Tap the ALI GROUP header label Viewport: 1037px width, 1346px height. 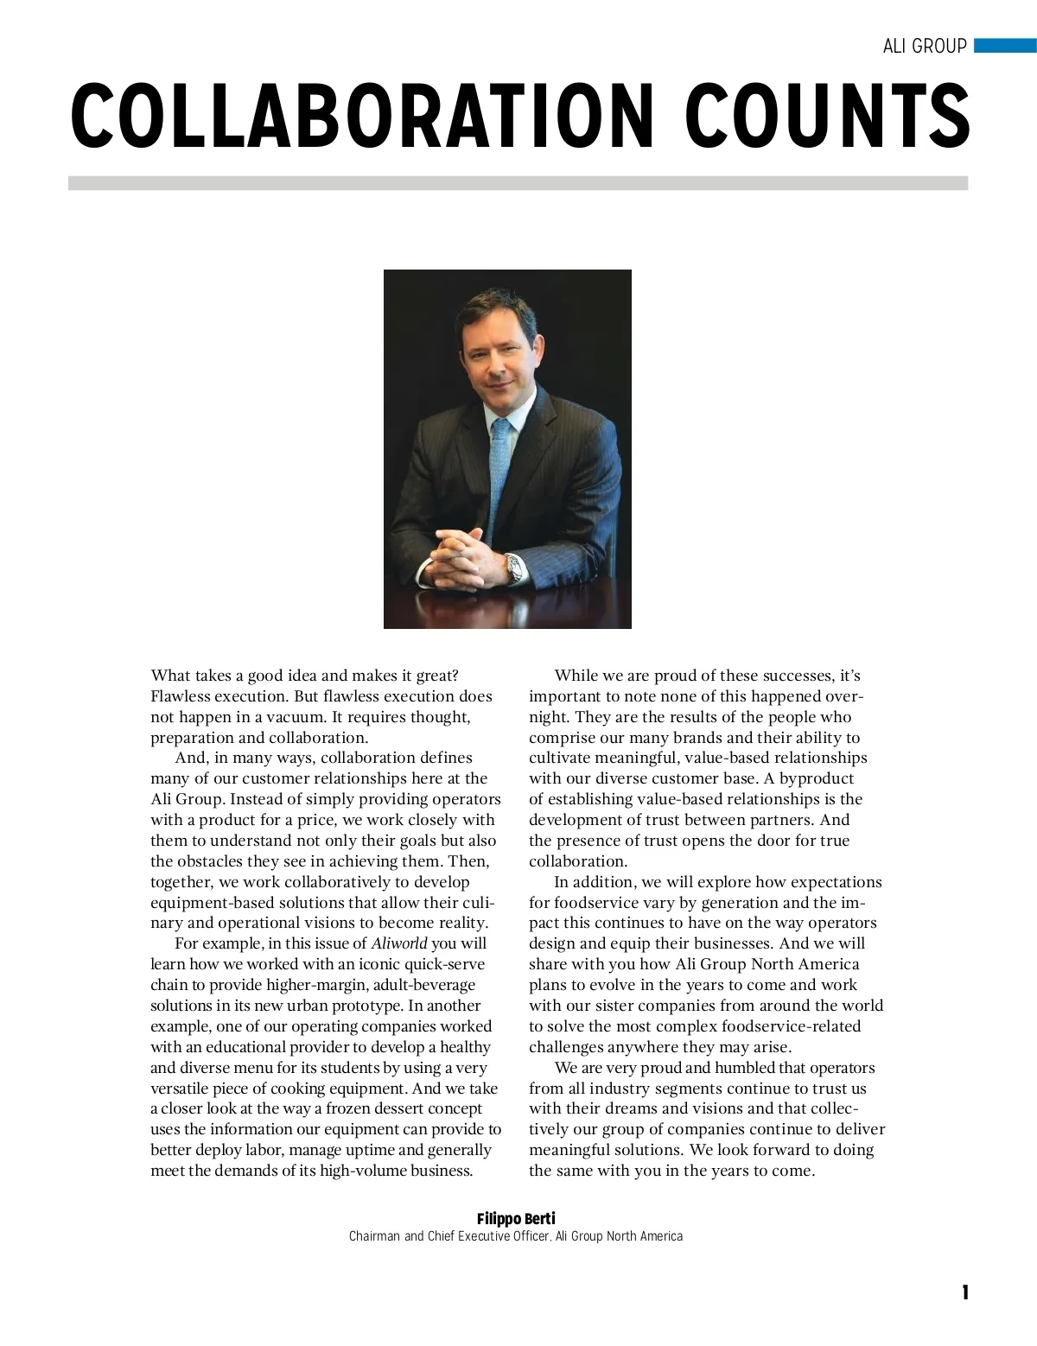(x=924, y=47)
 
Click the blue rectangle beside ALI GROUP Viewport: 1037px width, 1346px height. (x=1004, y=46)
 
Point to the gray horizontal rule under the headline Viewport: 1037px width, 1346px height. (x=518, y=183)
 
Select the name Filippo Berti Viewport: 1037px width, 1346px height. (x=516, y=1219)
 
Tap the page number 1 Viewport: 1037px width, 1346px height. (x=965, y=1292)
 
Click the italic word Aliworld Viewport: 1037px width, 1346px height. (x=399, y=943)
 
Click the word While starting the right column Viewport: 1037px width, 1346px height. (x=577, y=676)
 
